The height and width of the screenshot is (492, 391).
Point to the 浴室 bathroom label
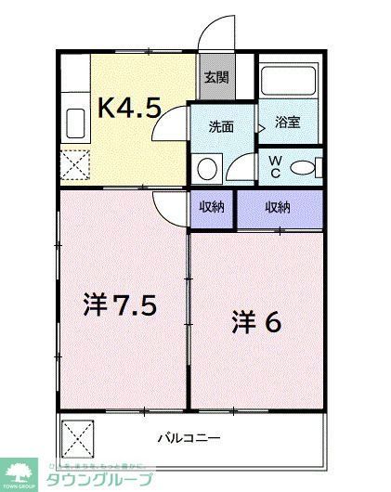[x=287, y=122]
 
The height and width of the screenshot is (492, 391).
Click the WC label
[x=274, y=165]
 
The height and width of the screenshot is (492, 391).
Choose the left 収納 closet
[x=211, y=207]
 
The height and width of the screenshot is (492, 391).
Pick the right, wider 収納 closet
[x=278, y=207]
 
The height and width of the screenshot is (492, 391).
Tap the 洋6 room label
[x=255, y=321]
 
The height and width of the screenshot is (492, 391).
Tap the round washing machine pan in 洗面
[x=206, y=168]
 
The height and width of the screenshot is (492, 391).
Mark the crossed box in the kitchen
[x=75, y=165]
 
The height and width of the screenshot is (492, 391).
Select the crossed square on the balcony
[x=79, y=434]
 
